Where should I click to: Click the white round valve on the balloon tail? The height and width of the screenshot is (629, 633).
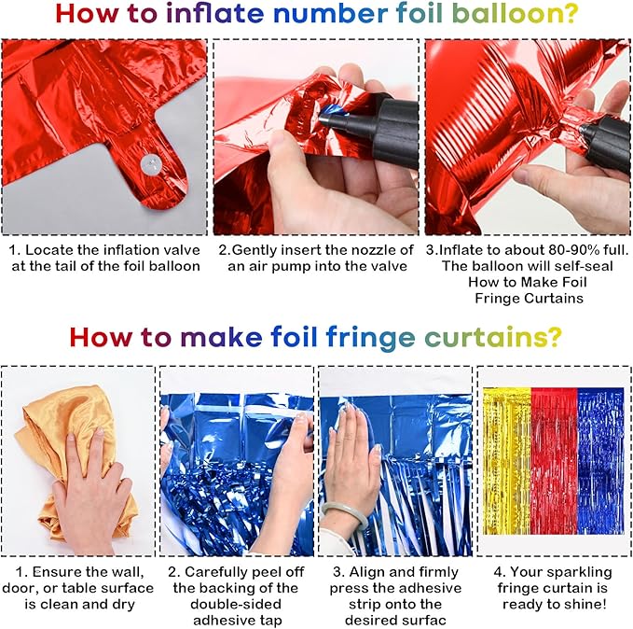click(151, 164)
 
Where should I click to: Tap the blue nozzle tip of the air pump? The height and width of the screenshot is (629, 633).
click(331, 113)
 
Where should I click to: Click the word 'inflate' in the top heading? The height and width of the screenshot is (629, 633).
click(214, 13)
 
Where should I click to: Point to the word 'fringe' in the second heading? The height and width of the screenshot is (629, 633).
click(370, 339)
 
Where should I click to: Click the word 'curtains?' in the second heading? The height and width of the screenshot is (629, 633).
click(493, 337)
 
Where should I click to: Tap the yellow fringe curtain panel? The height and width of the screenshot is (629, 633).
click(507, 461)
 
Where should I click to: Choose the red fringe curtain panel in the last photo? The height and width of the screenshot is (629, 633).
click(555, 461)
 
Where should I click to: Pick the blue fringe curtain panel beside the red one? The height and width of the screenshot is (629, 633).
click(600, 461)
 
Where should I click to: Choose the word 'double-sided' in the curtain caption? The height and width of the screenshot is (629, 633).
click(236, 604)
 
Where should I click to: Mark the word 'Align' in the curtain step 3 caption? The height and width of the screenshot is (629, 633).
click(367, 572)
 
